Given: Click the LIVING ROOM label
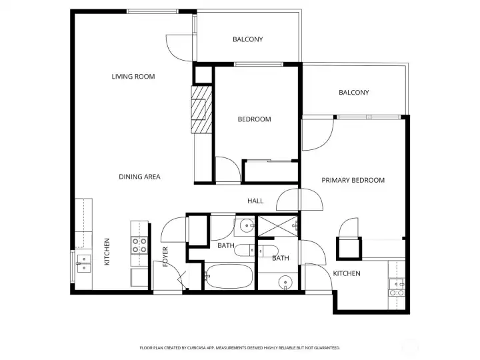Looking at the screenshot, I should [133, 77].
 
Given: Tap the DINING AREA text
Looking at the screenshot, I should [139, 177].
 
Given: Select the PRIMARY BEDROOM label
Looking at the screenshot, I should [353, 180].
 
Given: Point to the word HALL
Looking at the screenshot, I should [255, 201].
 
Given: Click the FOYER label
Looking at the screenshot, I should [165, 257].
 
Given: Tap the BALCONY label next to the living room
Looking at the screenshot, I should [247, 39].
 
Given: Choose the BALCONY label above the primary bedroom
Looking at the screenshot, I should [353, 93].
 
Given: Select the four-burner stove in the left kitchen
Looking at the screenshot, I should [139, 245].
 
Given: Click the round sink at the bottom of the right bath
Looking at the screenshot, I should [285, 282].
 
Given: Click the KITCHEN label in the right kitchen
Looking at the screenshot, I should [347, 274].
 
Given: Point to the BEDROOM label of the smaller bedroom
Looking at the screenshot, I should [255, 119].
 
